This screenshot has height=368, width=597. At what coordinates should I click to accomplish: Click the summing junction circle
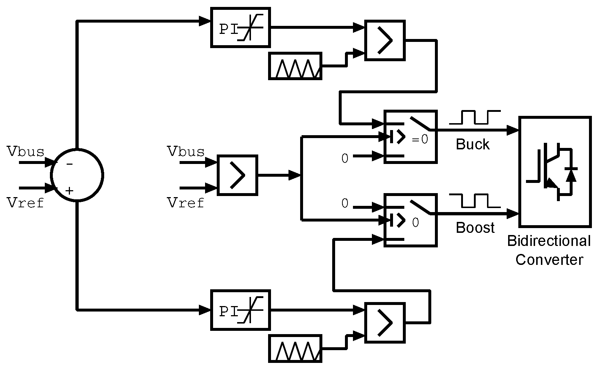77,175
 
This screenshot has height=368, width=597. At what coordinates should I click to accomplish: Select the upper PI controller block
240,27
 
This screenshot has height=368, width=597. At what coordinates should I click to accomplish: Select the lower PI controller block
240,310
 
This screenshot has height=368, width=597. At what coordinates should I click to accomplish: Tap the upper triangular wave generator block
295,66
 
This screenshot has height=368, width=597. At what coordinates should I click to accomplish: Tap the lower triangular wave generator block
295,349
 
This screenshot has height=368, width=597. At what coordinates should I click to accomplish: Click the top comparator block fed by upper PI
385,40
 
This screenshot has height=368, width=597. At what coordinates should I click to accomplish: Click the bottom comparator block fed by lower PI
385,323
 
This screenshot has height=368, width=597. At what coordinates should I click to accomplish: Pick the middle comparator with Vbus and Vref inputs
237,175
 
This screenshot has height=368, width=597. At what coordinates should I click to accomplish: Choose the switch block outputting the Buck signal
410,136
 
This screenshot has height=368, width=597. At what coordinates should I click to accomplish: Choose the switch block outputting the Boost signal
410,220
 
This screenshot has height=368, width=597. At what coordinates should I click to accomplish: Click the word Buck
472,145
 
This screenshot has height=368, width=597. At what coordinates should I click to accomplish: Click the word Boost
475,228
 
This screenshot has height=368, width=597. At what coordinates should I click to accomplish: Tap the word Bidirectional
549,241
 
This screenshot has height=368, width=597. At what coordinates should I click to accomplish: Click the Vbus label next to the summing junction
25,152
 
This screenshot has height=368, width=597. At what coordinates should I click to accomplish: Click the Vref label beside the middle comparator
185,203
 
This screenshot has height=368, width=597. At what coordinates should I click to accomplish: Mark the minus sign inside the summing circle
70,164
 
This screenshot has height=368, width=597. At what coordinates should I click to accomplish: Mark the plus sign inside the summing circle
69,191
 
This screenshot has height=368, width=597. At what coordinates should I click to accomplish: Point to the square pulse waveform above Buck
475,117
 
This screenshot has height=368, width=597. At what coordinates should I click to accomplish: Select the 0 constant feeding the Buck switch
345,158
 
